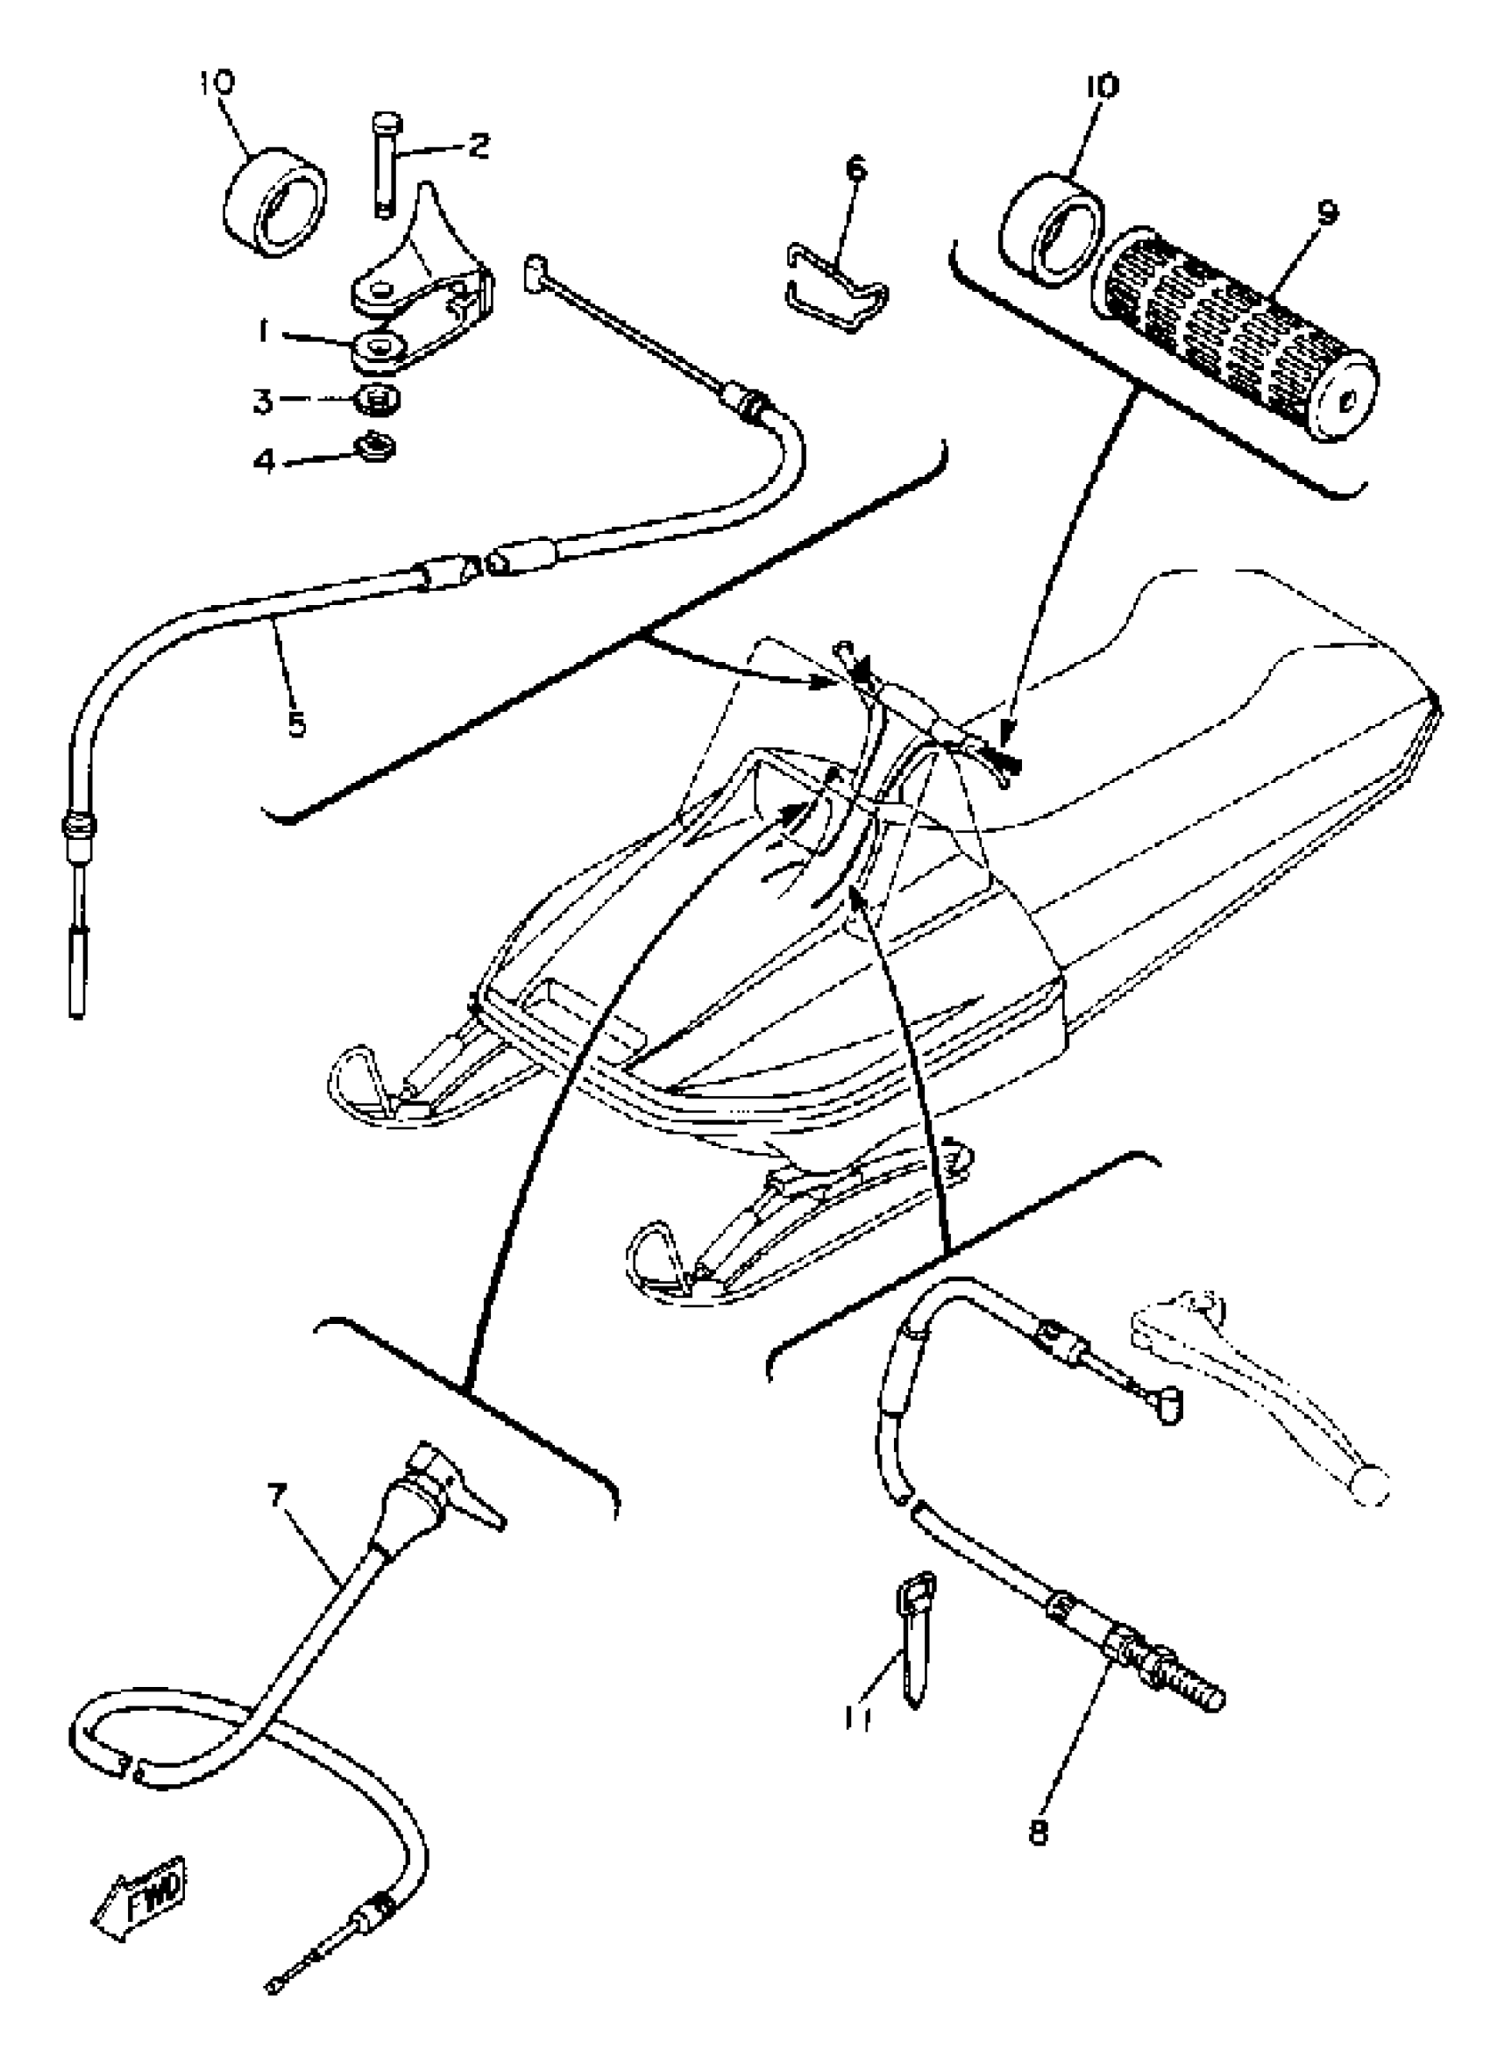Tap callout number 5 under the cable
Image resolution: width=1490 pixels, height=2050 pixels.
coord(297,723)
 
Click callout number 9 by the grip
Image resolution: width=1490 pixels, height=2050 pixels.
coord(1326,213)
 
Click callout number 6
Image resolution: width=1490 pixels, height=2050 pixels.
coord(855,169)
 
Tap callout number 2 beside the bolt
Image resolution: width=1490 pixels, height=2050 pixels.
coord(478,146)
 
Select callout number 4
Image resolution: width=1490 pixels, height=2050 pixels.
coord(264,462)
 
